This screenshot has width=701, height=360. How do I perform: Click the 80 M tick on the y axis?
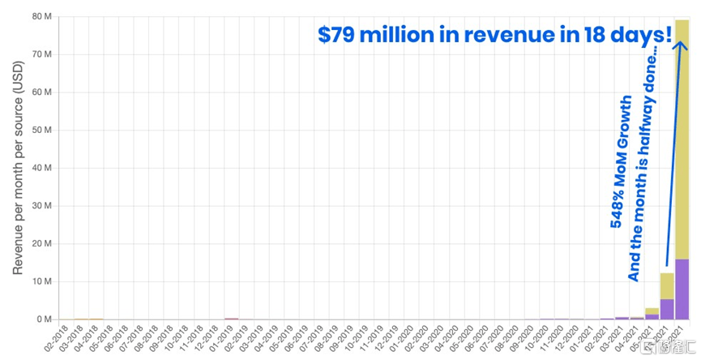[43, 16]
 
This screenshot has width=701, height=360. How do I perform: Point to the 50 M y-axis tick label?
[43, 130]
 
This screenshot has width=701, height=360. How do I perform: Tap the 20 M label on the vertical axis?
[43, 244]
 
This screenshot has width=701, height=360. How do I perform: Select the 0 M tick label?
[45, 319]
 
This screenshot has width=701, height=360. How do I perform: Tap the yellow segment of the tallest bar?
[682, 138]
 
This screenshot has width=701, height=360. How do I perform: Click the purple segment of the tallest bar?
[682, 289]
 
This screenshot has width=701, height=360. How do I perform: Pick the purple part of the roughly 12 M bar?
[666, 309]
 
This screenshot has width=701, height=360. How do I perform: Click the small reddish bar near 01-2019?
[232, 319]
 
